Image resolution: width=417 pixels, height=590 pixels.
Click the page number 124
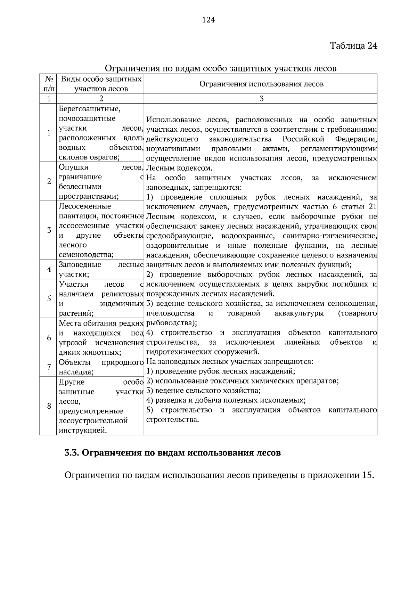208,20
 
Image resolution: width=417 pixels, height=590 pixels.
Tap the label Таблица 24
353,46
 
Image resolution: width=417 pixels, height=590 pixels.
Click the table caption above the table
221,68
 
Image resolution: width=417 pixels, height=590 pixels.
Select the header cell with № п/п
48,84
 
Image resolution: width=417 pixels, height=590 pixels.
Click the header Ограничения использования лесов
261,84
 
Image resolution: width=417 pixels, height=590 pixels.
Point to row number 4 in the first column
49,269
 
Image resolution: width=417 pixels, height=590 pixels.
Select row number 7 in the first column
49,367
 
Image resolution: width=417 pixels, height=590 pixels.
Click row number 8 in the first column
49,406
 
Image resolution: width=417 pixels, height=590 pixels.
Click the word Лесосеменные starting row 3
85,206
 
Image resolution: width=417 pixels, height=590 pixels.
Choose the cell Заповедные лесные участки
101,269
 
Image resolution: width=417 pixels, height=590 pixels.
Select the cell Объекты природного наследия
101,367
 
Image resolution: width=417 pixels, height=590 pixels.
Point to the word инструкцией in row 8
82,431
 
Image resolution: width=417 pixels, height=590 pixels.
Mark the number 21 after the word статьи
372,207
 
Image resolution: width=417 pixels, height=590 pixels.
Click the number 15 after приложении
368,475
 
